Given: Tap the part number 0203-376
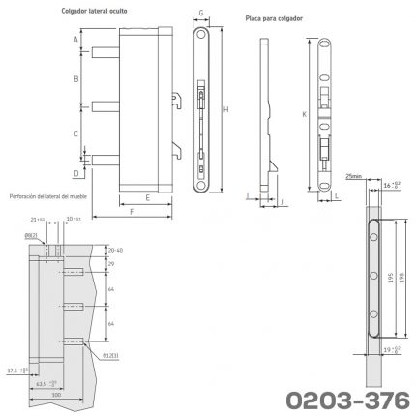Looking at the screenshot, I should click(x=340, y=397).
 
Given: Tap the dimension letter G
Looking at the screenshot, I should click(x=200, y=15).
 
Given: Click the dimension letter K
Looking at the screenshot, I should click(x=305, y=113).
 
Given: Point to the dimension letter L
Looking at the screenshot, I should click(x=336, y=195).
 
